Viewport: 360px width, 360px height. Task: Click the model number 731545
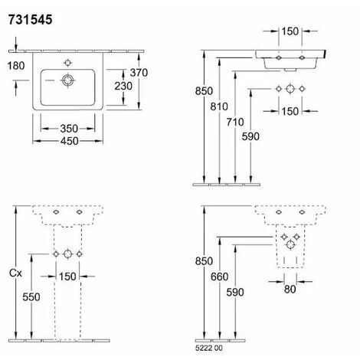pyautogui.click(x=30, y=20)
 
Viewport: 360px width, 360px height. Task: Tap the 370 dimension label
pyautogui.click(x=139, y=73)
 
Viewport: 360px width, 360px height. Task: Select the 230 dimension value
pyautogui.click(x=123, y=86)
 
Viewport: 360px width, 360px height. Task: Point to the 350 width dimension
pyautogui.click(x=69, y=129)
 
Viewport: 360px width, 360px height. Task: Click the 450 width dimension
pyautogui.click(x=69, y=141)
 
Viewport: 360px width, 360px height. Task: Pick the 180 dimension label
pyautogui.click(x=16, y=66)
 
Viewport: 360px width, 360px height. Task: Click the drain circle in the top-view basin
pyautogui.click(x=67, y=80)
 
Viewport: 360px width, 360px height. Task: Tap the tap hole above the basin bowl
pyautogui.click(x=67, y=63)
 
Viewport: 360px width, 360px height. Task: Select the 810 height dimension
pyautogui.click(x=219, y=106)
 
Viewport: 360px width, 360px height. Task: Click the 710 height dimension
pyautogui.click(x=235, y=122)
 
